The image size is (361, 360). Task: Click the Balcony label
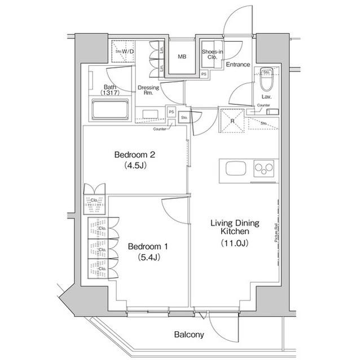pos(189,334)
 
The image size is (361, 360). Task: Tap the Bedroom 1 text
pos(147,247)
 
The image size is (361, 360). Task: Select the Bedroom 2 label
pos(134,154)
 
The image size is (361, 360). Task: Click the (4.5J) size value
pos(134,166)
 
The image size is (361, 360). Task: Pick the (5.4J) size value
pos(147,259)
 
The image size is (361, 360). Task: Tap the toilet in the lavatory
pos(267,83)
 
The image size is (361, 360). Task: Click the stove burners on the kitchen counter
pos(263,169)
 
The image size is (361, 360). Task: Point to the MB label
pos(183,57)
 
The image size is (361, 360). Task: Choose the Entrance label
pos(237,64)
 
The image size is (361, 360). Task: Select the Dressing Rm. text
pos(149,91)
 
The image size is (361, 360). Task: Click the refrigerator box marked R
pos(231,119)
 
